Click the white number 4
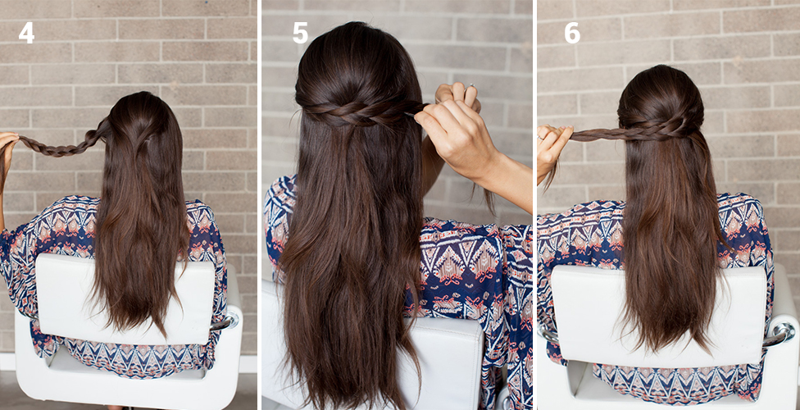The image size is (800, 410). [x=26, y=33]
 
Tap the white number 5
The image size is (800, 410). [x=300, y=33]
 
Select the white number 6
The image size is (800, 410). [x=572, y=33]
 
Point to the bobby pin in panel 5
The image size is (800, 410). [x=410, y=114]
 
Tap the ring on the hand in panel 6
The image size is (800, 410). [x=540, y=136]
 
